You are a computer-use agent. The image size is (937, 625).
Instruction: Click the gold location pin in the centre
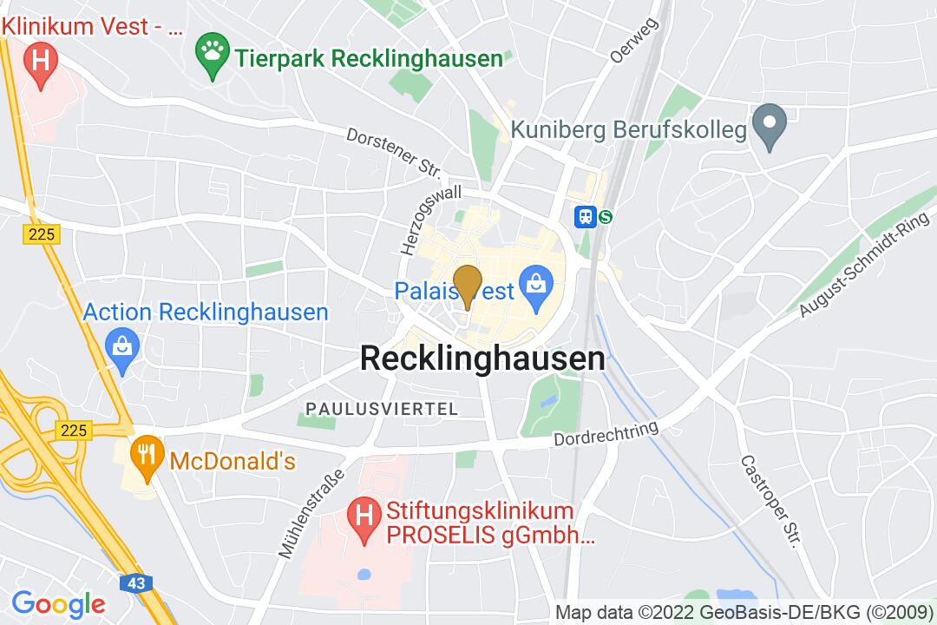point(468,284)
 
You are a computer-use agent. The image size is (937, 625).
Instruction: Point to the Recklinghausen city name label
point(482,359)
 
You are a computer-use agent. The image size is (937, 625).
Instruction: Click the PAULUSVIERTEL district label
point(381,408)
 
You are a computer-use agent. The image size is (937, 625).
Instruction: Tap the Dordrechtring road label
point(606,436)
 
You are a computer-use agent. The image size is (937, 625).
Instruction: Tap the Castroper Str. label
point(769,501)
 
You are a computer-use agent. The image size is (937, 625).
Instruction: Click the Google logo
point(58,603)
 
